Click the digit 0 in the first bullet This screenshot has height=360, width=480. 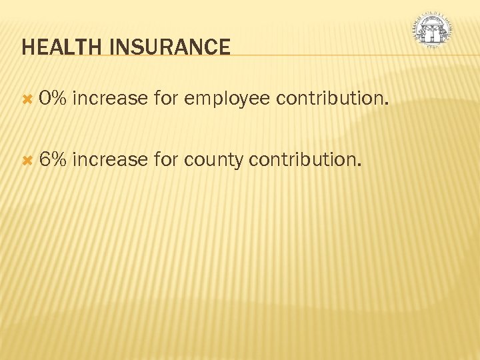tap(44, 99)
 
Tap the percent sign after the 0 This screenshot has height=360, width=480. tap(58, 99)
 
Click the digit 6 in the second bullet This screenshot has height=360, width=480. tap(44, 160)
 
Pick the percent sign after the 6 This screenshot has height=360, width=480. tap(58, 160)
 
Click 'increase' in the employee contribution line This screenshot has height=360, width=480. tap(109, 99)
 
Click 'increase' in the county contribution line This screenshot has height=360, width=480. tap(109, 160)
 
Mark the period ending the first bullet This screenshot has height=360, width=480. tap(385, 105)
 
